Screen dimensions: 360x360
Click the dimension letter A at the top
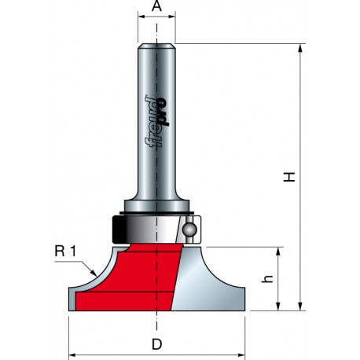pyautogui.click(x=156, y=6)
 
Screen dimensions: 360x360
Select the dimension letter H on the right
pyautogui.click(x=289, y=177)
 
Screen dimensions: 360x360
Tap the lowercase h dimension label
pyautogui.click(x=267, y=280)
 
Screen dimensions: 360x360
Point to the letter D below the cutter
pyautogui.click(x=156, y=344)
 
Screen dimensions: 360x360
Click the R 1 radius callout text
pyautogui.click(x=65, y=252)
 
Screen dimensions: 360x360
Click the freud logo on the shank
pyautogui.click(x=156, y=121)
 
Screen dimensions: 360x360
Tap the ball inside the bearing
pyautogui.click(x=189, y=230)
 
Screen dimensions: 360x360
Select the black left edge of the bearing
pyautogui.click(x=119, y=229)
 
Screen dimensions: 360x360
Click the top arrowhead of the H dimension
pyautogui.click(x=300, y=48)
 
